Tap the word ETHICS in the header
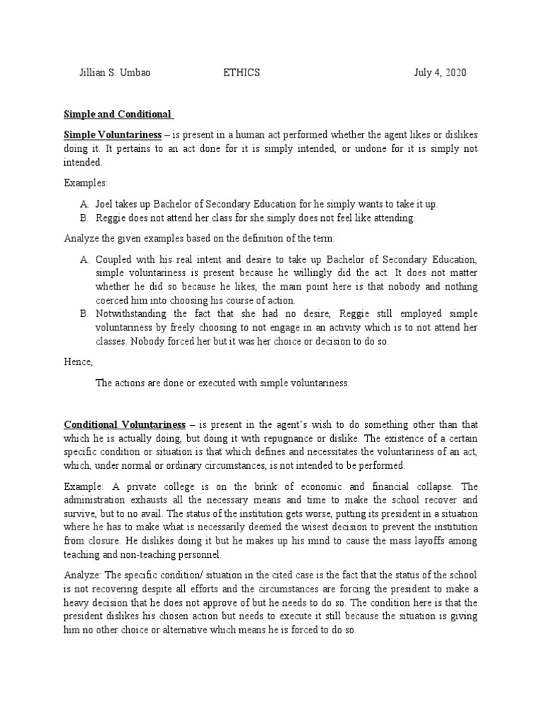point(242,73)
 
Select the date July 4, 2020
point(440,73)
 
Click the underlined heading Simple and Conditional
point(118,114)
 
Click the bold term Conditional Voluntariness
point(125,424)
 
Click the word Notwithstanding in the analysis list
point(132,313)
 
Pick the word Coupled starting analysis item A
point(114,260)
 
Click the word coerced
point(114,300)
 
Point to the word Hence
point(78,361)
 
